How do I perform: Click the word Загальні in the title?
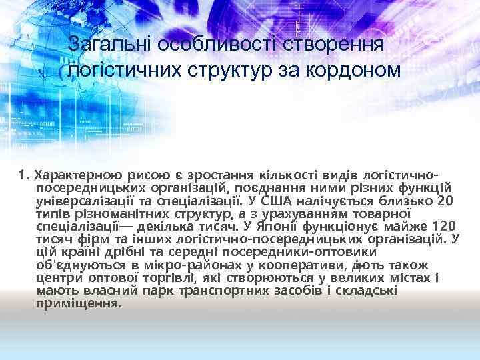pyautogui.click(x=109, y=45)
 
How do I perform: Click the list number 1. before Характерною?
pyautogui.click(x=25, y=175)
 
